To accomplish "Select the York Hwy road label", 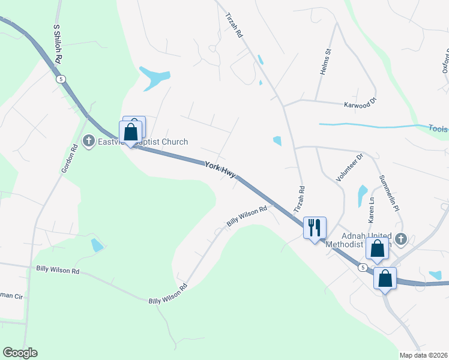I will tap(220, 169).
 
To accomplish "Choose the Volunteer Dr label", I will tap(350, 168).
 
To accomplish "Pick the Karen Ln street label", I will tap(372, 208).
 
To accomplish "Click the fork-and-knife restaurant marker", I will tap(315, 228).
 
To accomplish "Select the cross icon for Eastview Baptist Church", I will tap(89, 142).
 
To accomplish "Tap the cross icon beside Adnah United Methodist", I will tap(401, 239).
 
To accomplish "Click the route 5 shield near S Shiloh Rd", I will tap(61, 79).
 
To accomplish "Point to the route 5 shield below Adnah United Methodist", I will tap(363, 267).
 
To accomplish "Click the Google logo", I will tap(20, 353).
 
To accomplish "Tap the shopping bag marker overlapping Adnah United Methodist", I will tap(377, 248).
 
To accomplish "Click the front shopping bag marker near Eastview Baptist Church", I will tap(131, 132).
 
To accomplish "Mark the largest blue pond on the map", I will tap(154, 77).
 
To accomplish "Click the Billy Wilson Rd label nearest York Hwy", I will tap(246, 217).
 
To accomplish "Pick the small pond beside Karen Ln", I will tap(362, 194).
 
